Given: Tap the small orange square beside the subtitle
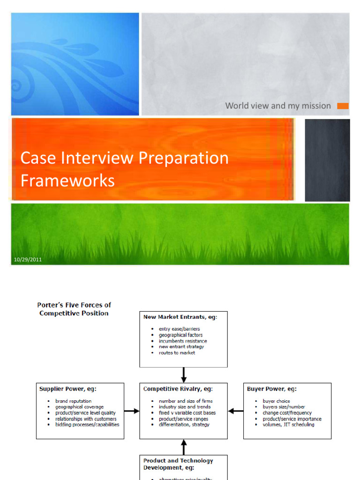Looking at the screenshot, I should tap(343, 106).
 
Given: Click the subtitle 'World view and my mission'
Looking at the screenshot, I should tap(278, 106).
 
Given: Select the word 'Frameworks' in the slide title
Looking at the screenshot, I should tap(67, 180).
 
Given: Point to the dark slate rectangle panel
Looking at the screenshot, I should tap(327, 160).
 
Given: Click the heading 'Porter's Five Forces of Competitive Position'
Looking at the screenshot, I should tap(74, 309).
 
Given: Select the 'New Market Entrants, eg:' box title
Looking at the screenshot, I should tap(180, 317).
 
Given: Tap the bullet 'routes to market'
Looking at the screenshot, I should tap(177, 352).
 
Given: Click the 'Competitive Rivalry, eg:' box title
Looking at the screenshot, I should tap(178, 389).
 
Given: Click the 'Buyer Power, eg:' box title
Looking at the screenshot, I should tap(271, 389).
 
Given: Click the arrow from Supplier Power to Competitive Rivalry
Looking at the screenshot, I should tap(132, 411).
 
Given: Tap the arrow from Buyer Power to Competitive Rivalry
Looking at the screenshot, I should tap(235, 411).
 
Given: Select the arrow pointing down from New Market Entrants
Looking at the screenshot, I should tap(184, 375).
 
